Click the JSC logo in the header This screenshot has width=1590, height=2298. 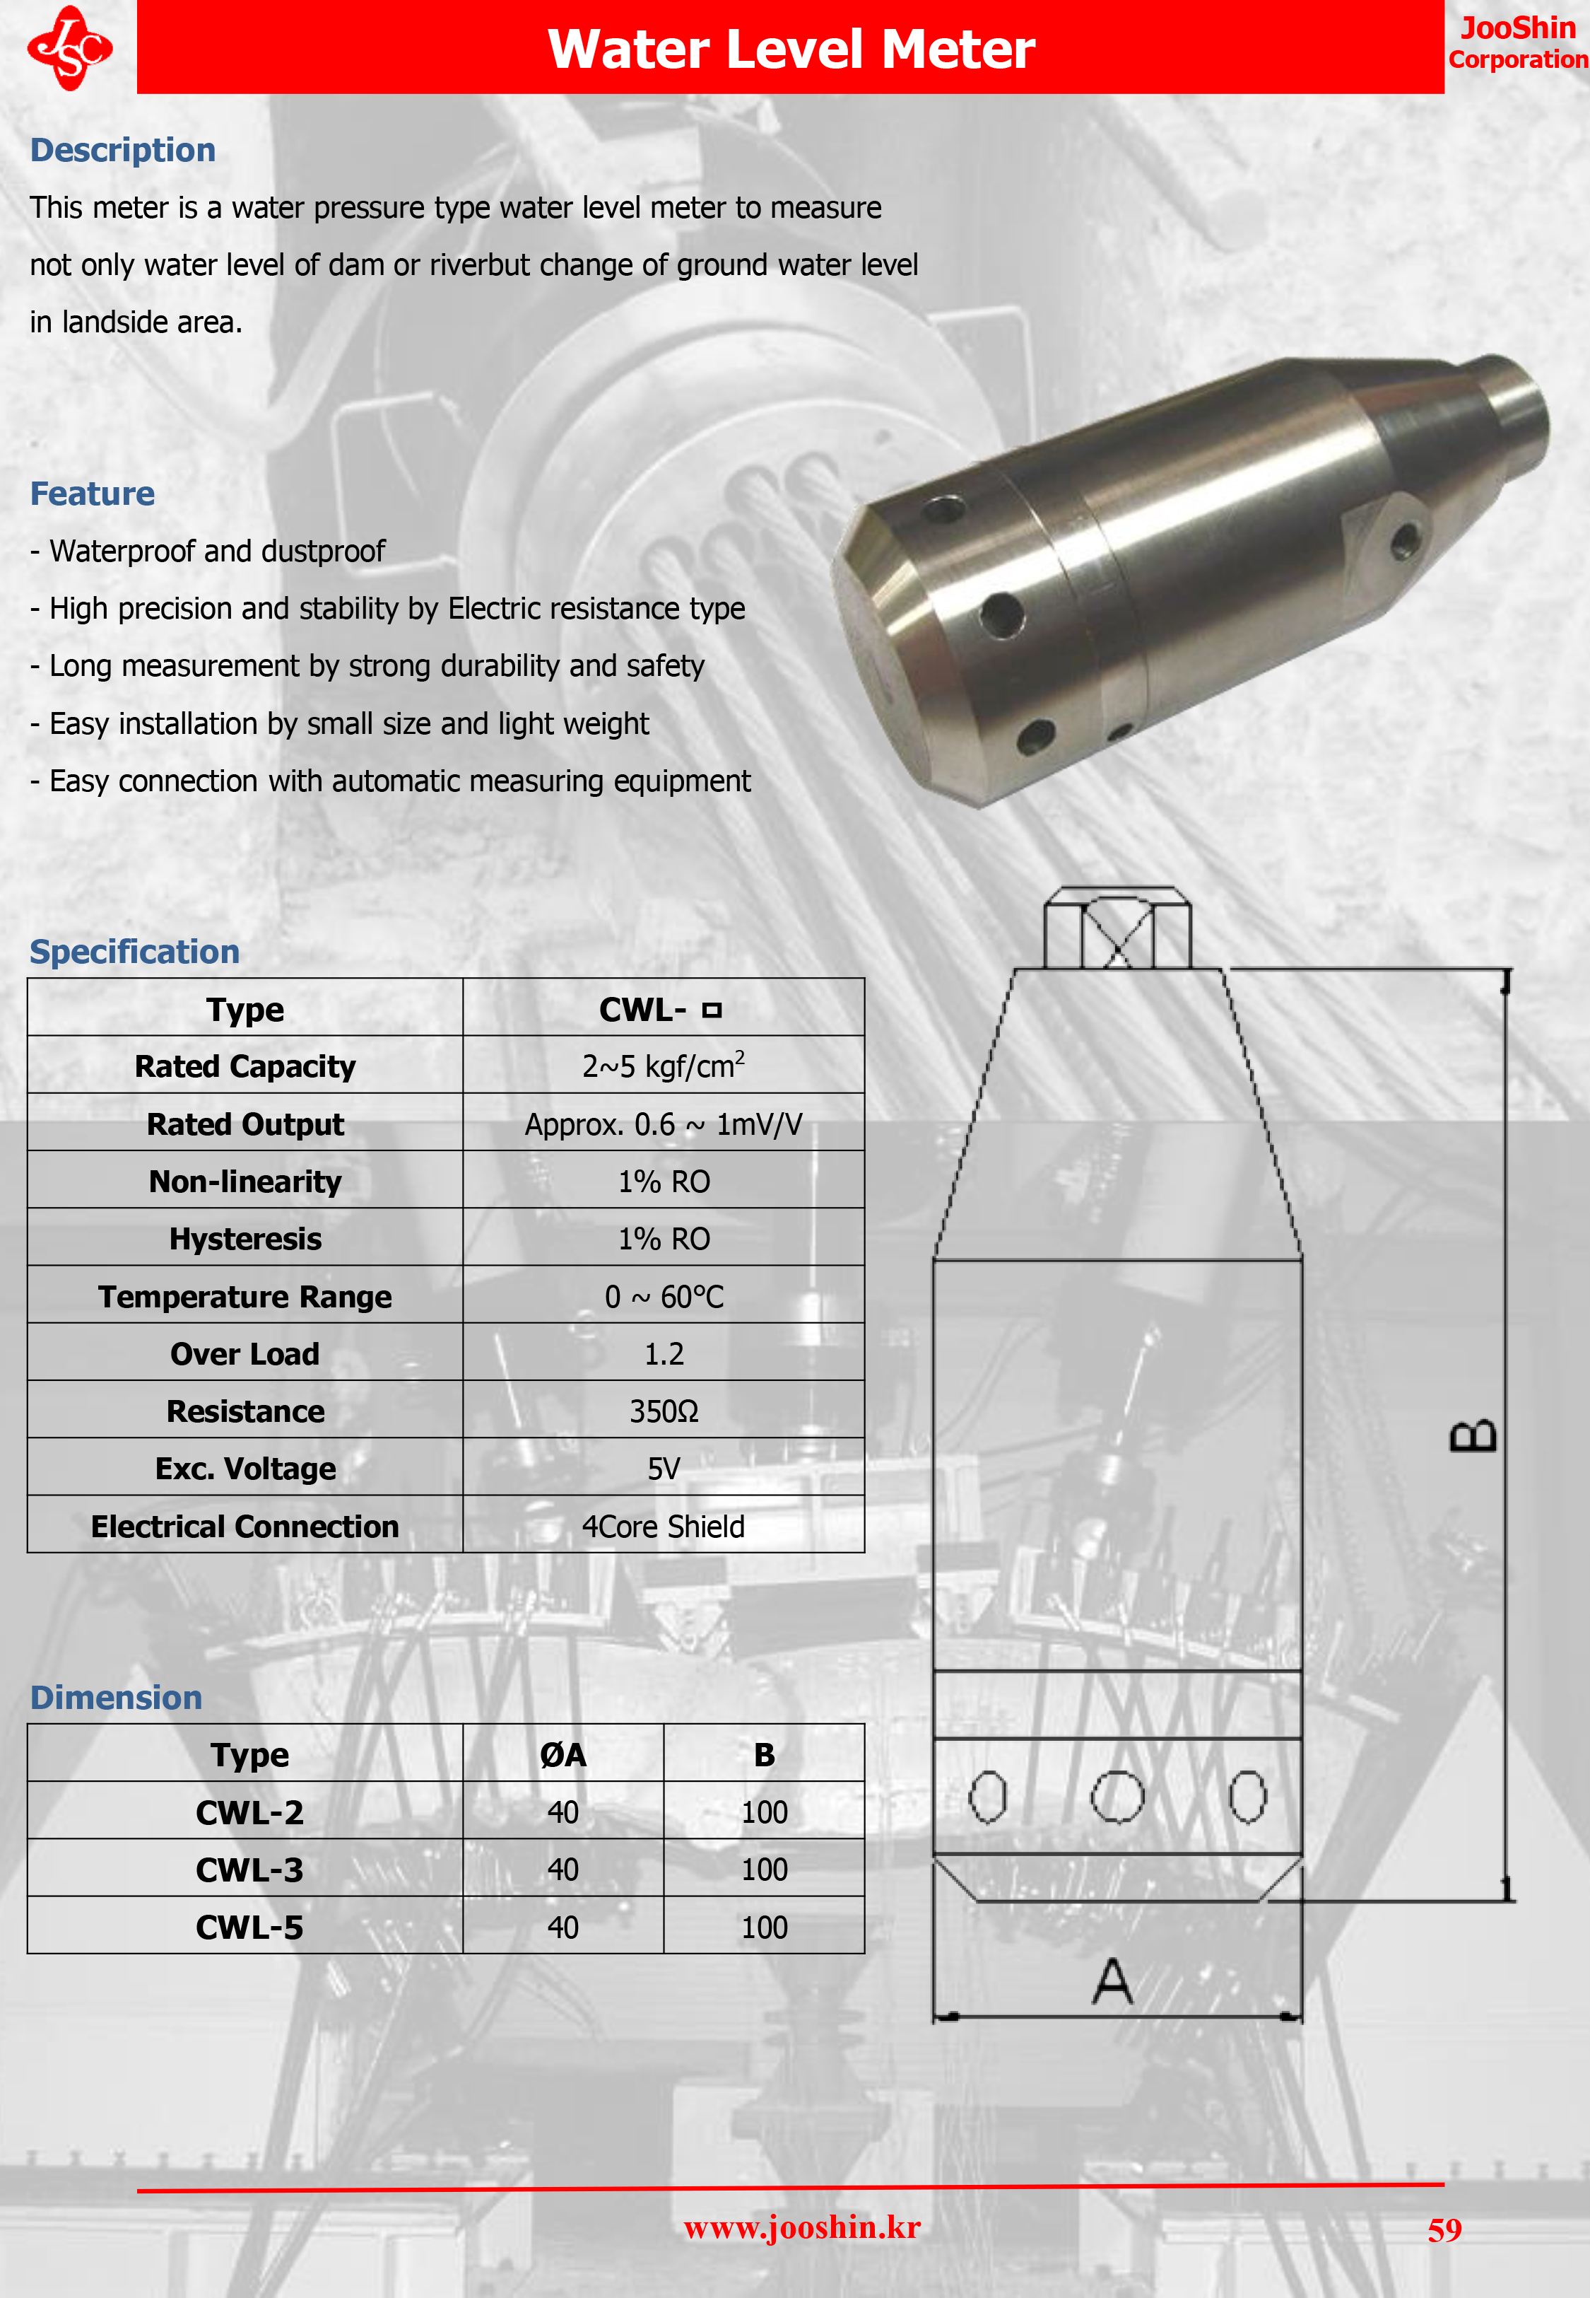click(x=70, y=48)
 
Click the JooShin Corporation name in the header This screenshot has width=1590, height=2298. click(x=1517, y=43)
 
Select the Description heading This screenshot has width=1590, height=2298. click(x=122, y=149)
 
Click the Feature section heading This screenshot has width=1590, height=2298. click(x=93, y=494)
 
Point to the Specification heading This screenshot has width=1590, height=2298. click(x=134, y=952)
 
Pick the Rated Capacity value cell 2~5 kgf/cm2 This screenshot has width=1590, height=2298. click(x=664, y=1066)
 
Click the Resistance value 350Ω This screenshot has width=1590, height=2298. click(x=664, y=1411)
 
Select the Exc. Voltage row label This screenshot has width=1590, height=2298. click(x=245, y=1469)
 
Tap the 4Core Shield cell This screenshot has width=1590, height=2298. click(x=664, y=1526)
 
